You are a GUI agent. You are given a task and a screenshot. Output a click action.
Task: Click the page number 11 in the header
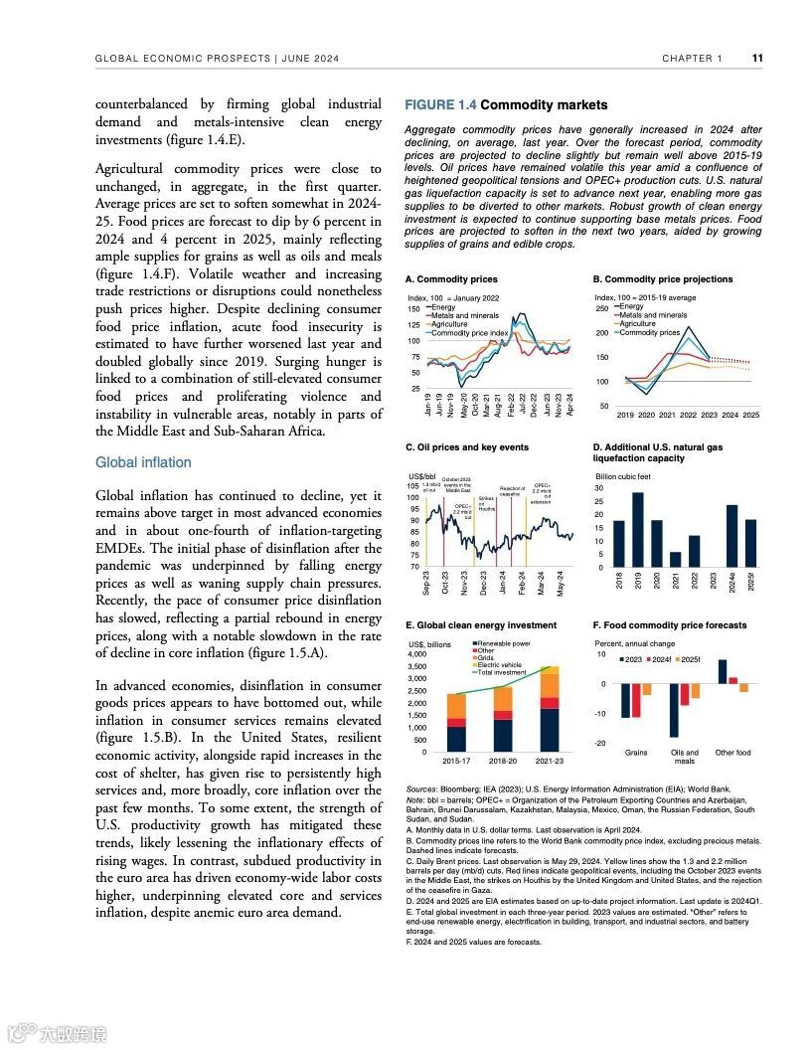tap(757, 59)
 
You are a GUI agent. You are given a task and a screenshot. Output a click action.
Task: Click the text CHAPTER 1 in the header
tap(693, 59)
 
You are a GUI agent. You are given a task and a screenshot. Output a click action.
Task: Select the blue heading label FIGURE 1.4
tap(440, 104)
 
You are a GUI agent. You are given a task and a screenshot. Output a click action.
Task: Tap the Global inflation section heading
tap(143, 462)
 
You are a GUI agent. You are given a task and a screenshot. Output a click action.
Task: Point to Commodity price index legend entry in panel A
tap(469, 333)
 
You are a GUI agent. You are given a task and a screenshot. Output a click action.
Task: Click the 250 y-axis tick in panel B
tap(600, 309)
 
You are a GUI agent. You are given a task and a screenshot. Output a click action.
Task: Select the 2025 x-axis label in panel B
tap(750, 415)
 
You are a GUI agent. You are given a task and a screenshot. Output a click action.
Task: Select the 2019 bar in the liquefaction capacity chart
tap(637, 529)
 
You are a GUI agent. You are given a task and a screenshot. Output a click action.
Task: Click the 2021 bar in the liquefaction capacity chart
tap(676, 559)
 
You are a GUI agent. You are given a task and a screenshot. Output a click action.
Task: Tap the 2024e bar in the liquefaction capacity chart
tap(731, 536)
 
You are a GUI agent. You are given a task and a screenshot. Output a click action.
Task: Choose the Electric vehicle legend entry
tap(499, 665)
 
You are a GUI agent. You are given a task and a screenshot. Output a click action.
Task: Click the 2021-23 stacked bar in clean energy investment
tap(549, 710)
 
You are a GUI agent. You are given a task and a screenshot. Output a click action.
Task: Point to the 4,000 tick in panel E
tap(417, 655)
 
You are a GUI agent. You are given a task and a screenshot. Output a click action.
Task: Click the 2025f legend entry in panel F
tap(692, 660)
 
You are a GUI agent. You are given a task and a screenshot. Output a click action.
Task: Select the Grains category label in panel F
tap(636, 753)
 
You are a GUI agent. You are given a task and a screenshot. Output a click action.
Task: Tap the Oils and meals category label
tap(685, 757)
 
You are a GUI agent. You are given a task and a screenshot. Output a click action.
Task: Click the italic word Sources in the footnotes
tap(421, 787)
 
